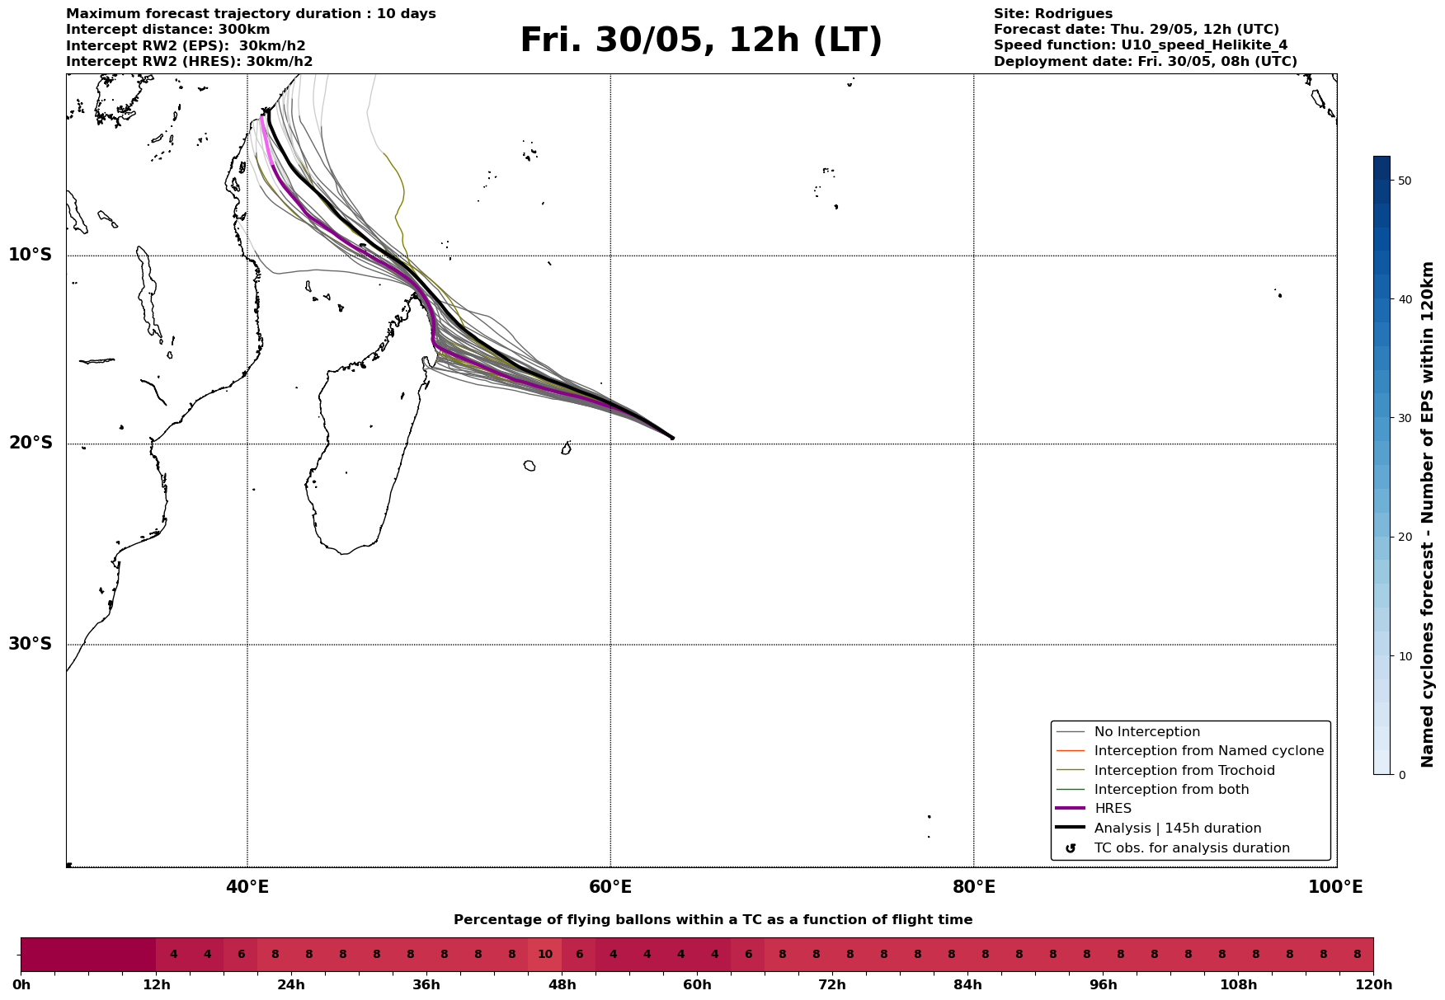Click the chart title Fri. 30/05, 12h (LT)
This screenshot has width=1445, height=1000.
(701, 40)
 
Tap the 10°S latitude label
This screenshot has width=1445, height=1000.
(31, 255)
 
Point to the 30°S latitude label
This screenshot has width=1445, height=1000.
(31, 644)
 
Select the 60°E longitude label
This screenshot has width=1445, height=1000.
(610, 887)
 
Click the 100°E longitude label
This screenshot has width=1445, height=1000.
(1335, 887)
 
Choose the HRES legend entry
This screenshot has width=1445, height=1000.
(1113, 809)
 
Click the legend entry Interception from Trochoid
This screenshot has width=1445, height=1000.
(1184, 771)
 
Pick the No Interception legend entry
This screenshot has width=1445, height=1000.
(1146, 732)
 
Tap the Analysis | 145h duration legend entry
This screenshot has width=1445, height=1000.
(1177, 829)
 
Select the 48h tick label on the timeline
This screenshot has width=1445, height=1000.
(562, 985)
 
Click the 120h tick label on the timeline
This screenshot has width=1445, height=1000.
(1372, 985)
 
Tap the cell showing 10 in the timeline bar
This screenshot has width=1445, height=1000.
(545, 955)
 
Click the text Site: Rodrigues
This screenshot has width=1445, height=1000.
(1052, 14)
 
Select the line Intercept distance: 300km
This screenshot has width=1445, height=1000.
(167, 30)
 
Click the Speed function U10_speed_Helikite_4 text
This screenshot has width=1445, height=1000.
(1140, 45)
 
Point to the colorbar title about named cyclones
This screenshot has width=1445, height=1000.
(1428, 514)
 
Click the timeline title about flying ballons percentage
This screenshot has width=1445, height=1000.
(713, 920)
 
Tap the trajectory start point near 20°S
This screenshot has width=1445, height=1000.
(672, 438)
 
